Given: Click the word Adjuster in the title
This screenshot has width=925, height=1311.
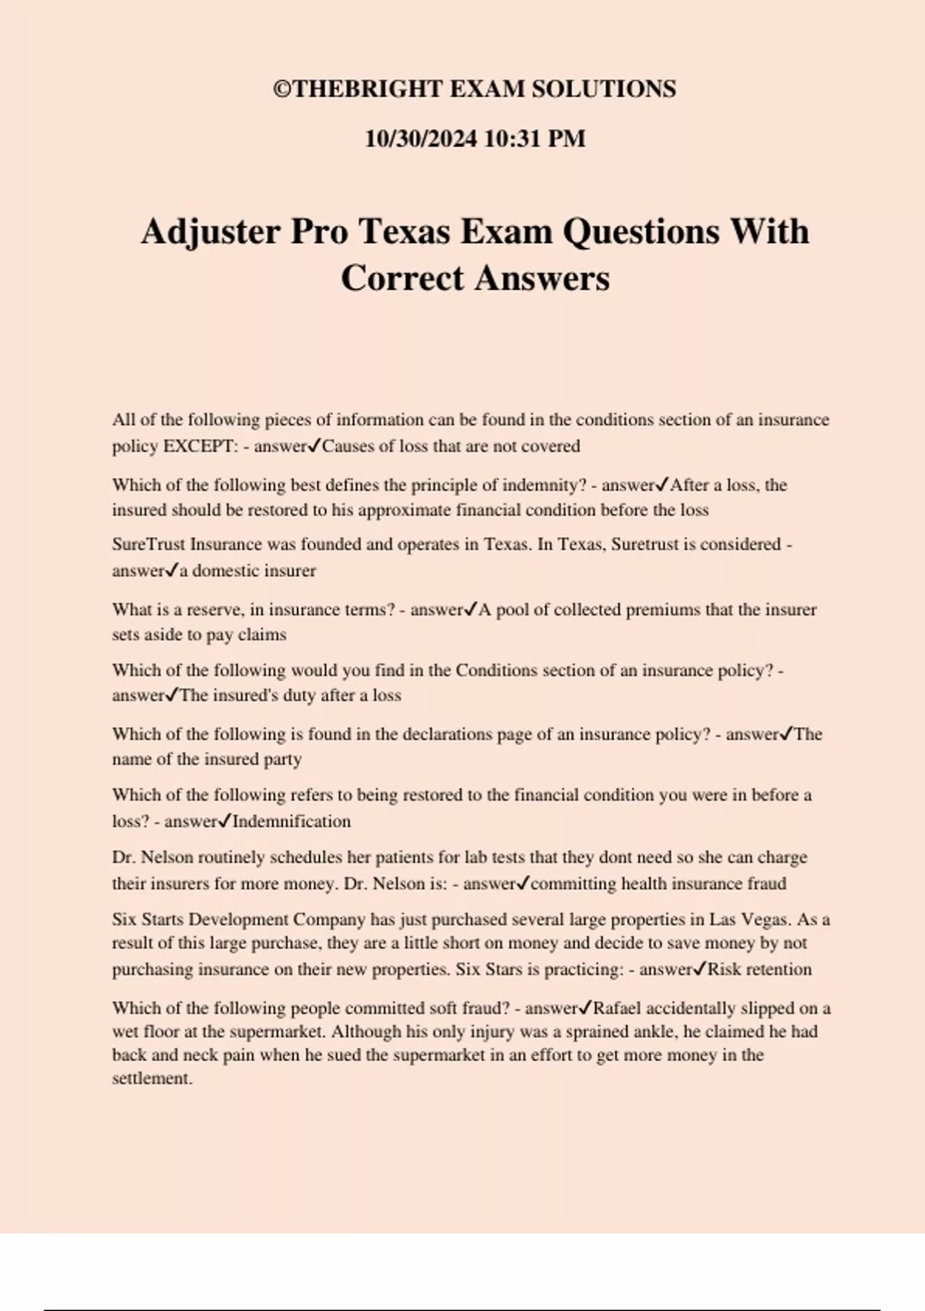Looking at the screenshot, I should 210,231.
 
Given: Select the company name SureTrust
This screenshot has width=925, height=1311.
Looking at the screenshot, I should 149,544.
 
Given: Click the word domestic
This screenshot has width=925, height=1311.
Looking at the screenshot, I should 226,571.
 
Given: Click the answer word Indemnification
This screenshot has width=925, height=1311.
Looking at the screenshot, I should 291,821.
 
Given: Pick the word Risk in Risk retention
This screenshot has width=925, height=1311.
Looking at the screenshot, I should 724,969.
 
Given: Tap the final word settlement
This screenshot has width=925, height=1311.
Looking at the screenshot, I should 152,1078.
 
